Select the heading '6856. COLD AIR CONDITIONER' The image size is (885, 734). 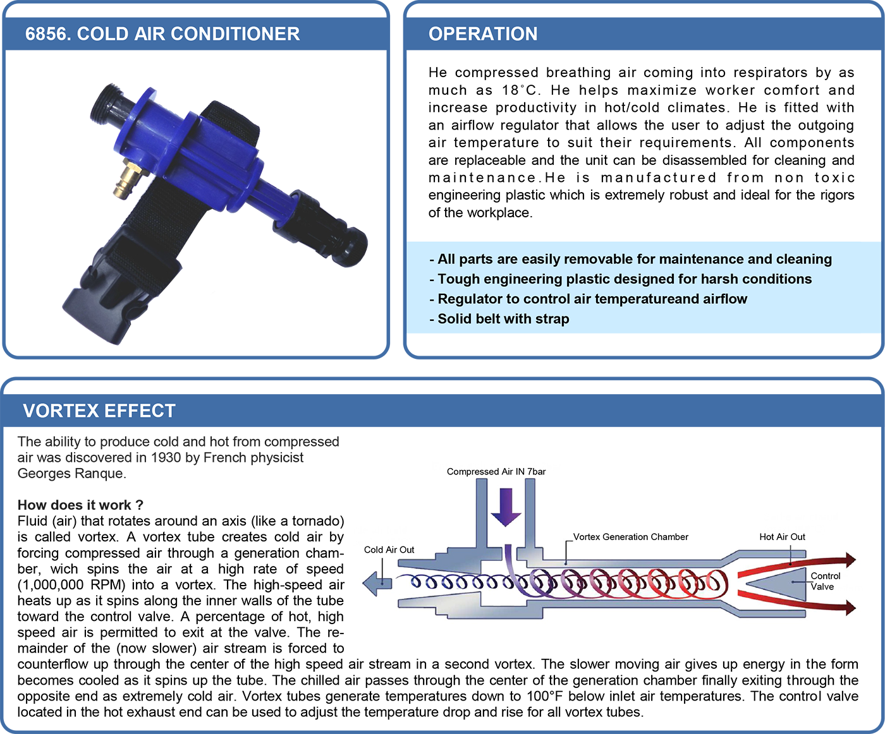[x=162, y=34]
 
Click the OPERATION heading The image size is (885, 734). [x=483, y=34]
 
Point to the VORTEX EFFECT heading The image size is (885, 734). [x=99, y=411]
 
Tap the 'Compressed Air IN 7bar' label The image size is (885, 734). [x=496, y=471]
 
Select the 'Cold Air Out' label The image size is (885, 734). [x=389, y=550]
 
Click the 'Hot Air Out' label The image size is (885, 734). [x=782, y=537]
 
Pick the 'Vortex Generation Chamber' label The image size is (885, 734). [x=631, y=537]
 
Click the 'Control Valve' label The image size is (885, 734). [x=825, y=581]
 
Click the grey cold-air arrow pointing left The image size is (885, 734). [x=377, y=583]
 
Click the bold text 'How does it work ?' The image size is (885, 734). [x=80, y=505]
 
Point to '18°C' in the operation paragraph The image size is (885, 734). [x=519, y=90]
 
